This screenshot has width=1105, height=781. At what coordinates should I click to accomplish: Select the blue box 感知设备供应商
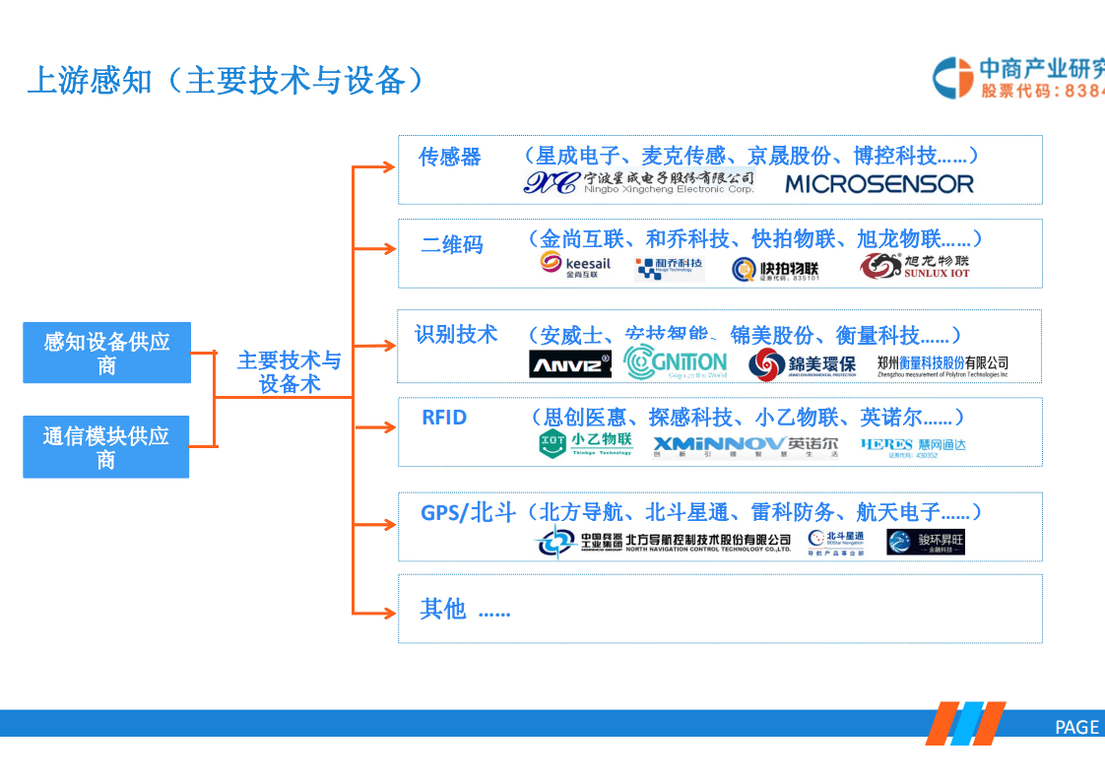pos(106,353)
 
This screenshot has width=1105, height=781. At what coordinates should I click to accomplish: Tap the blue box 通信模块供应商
pos(106,447)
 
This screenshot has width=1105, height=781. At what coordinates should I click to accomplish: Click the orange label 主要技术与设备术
pos(290,372)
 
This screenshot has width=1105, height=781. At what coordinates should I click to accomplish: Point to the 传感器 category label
pos(450,158)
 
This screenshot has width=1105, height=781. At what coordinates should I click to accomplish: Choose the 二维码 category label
pos(452,244)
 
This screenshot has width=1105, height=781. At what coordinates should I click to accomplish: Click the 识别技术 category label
pos(456,335)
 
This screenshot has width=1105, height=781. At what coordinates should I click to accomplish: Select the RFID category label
pos(444,418)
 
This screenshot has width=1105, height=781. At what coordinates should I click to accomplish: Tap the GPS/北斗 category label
pos(468,513)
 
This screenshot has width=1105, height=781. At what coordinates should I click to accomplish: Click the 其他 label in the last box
pos(443,610)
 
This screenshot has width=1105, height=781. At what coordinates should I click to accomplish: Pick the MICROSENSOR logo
pos(878,183)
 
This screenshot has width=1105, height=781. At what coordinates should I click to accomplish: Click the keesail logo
pos(576,266)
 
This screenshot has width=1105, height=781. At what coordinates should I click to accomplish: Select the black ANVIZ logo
pos(570,363)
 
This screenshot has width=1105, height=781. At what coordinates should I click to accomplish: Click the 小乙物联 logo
pos(586,444)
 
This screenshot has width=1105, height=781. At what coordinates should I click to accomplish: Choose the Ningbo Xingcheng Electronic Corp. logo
pos(638,182)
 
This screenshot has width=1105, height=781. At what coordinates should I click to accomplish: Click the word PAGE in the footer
pos(1076,727)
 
